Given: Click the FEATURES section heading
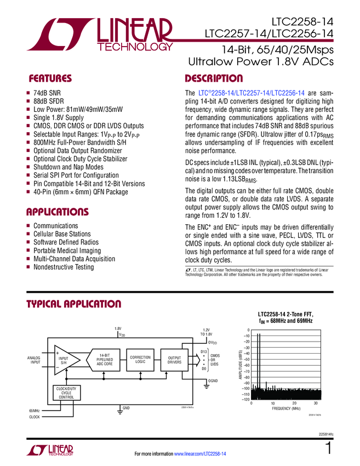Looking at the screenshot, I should point(50,78).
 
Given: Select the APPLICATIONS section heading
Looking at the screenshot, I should point(58,212).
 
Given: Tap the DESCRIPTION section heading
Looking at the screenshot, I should point(214,78).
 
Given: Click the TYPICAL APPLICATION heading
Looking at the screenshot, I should point(74,304).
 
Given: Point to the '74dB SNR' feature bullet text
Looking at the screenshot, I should point(49,94).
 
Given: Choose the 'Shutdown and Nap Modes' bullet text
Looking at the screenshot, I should point(68,167).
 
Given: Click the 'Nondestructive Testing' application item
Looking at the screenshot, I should point(64,267).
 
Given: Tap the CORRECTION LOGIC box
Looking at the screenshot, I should point(140,360).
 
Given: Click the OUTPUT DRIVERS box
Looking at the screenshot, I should point(174,360).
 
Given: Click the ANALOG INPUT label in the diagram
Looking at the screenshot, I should point(35,360).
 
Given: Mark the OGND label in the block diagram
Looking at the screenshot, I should point(213,380).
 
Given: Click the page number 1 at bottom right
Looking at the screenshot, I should point(328,448).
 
